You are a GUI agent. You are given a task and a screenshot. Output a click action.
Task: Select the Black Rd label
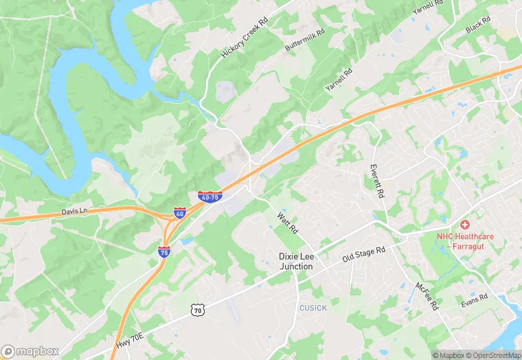(478, 24)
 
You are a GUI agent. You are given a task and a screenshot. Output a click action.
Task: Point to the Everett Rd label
(376, 181)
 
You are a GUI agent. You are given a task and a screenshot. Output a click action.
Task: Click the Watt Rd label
(286, 221)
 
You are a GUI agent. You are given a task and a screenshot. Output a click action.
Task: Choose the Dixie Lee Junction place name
(295, 261)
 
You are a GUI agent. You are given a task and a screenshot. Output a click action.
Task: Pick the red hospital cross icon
(465, 225)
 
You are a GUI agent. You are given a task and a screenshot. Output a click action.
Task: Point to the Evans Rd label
(474, 300)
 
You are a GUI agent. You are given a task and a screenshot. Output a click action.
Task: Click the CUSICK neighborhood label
(313, 308)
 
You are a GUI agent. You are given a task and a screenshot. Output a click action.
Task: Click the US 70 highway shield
(198, 311)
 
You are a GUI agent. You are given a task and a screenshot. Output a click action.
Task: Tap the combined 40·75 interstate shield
(209, 196)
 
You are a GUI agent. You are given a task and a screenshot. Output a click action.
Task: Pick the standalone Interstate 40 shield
(179, 213)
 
